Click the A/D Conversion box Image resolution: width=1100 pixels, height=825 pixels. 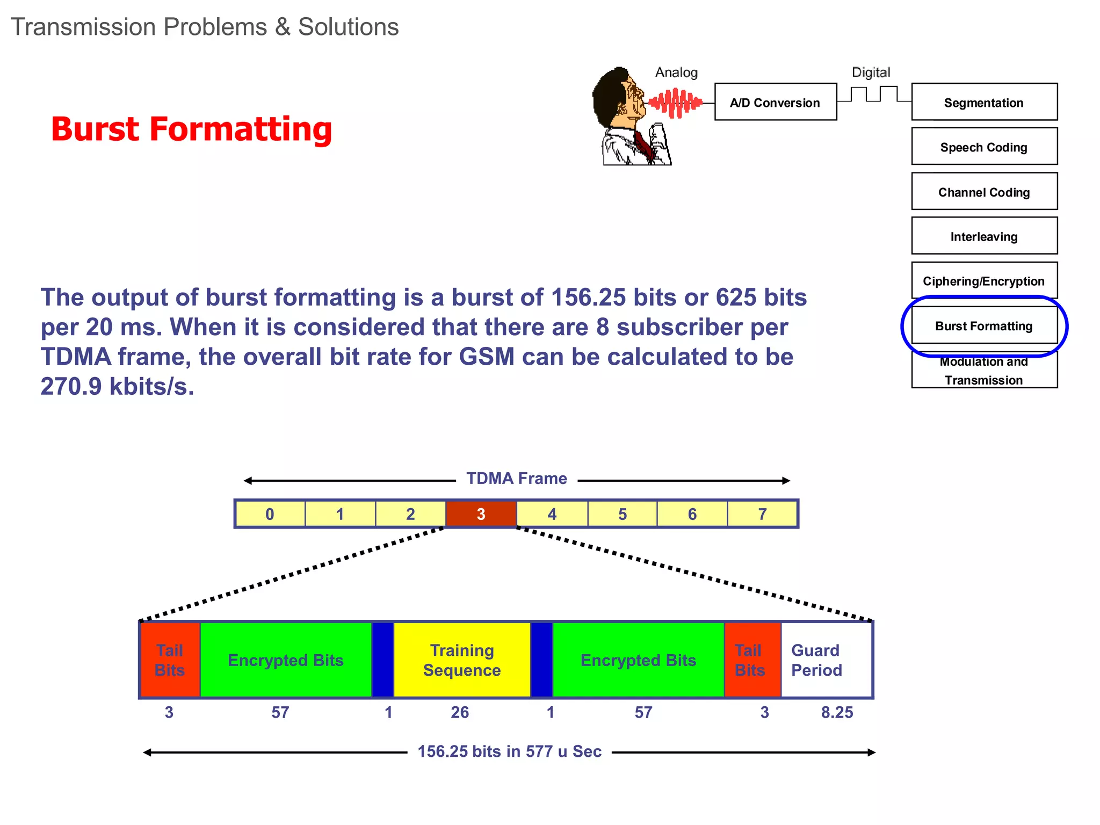[x=775, y=102]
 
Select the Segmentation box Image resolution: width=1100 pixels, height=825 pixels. [x=984, y=102]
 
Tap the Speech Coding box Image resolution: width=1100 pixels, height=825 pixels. [x=984, y=147]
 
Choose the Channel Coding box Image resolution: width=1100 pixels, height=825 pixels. [x=984, y=192]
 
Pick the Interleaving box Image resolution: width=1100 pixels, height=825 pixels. [x=984, y=236]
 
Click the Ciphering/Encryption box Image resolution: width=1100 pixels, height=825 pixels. [x=984, y=280]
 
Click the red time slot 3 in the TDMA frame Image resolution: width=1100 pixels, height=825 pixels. [x=481, y=514]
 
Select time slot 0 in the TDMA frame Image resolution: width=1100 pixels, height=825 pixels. [x=270, y=514]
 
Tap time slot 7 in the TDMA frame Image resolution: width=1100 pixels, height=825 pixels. [x=762, y=514]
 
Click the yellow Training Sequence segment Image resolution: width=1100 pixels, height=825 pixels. [x=462, y=660]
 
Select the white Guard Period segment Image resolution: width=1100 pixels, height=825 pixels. [x=826, y=660]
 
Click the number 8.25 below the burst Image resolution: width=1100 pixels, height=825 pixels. [x=837, y=712]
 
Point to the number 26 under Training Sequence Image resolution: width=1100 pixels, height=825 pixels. [x=460, y=712]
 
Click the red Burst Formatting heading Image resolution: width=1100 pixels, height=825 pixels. [x=191, y=129]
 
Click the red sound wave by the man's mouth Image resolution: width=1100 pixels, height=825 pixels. [x=675, y=102]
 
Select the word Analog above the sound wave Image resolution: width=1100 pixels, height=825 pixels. [x=676, y=72]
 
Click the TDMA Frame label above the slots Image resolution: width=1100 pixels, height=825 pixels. [x=516, y=479]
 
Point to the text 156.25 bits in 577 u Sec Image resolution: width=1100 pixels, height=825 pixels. [x=509, y=751]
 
